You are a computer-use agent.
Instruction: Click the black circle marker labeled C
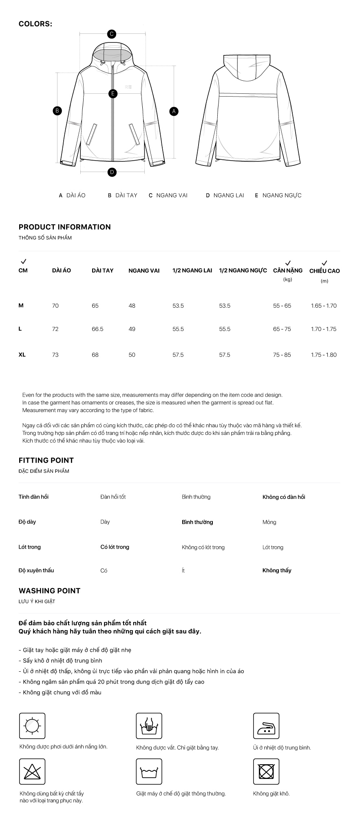(x=111, y=34)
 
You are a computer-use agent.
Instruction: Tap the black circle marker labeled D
(x=112, y=172)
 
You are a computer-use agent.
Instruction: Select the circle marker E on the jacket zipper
(x=113, y=94)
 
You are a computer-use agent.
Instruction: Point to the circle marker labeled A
(x=174, y=111)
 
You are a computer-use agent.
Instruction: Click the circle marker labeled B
(x=57, y=110)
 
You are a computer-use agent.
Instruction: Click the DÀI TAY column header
(x=102, y=270)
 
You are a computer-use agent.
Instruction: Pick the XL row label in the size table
(x=22, y=355)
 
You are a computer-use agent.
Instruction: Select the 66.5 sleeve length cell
(x=97, y=329)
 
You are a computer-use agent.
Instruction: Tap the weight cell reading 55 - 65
(x=282, y=306)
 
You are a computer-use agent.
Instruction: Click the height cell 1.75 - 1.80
(x=324, y=355)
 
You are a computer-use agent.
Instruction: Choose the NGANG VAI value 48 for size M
(x=132, y=306)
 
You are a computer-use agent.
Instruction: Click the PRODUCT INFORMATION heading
(x=64, y=227)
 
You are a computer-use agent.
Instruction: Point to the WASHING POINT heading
(x=49, y=591)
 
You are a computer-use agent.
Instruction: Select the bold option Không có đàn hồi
(x=284, y=497)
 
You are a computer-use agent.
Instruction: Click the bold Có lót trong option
(x=115, y=547)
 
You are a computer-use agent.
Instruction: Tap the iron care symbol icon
(x=266, y=726)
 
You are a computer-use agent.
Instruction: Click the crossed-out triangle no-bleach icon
(x=32, y=772)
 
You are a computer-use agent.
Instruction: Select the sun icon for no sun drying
(x=32, y=726)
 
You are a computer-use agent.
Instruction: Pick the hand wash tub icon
(x=149, y=726)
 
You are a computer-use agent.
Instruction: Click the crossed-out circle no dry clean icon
(x=266, y=772)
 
